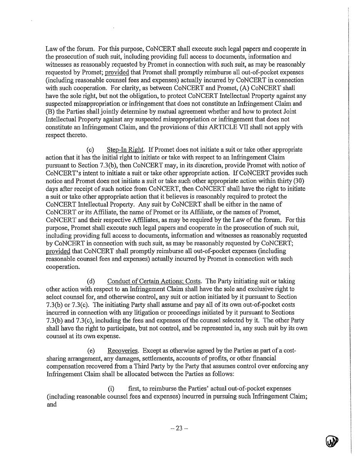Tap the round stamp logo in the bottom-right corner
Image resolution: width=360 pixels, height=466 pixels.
click(x=332, y=441)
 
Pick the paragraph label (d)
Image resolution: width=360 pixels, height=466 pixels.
click(x=91, y=281)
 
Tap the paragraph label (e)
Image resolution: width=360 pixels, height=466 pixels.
click(x=91, y=350)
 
